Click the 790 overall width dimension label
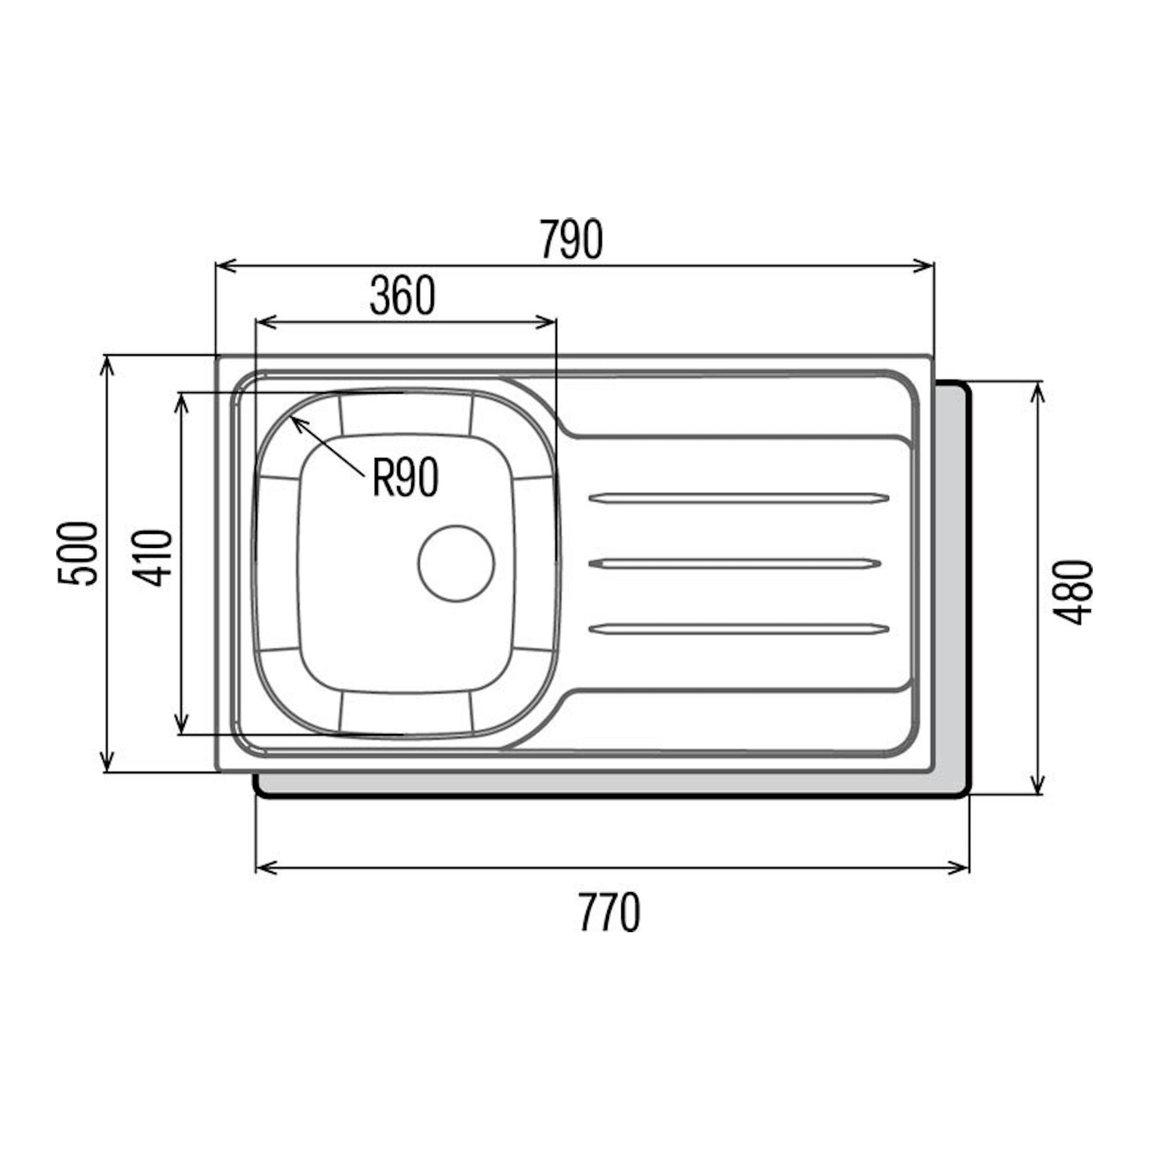572,240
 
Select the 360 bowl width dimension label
403,296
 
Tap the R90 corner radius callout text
406,477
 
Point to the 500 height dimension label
77,554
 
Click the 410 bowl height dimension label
152,557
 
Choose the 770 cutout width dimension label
609,912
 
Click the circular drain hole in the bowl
456,563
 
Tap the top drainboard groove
738,498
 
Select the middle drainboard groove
734,564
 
